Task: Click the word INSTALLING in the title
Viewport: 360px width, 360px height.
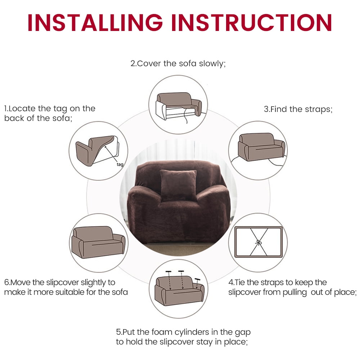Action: [x=95, y=22]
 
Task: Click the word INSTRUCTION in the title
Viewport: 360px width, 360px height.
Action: [x=251, y=22]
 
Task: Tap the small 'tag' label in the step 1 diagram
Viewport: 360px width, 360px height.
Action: [x=120, y=165]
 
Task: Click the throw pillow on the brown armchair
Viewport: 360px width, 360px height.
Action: [x=178, y=185]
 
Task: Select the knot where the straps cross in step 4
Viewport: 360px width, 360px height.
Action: [x=259, y=242]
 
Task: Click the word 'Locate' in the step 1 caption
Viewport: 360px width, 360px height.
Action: [x=22, y=109]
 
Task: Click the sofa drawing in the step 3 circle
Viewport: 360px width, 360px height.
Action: [x=261, y=147]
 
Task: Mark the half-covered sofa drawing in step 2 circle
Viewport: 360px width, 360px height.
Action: [x=179, y=106]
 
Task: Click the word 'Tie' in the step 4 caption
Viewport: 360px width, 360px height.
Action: [x=240, y=282]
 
